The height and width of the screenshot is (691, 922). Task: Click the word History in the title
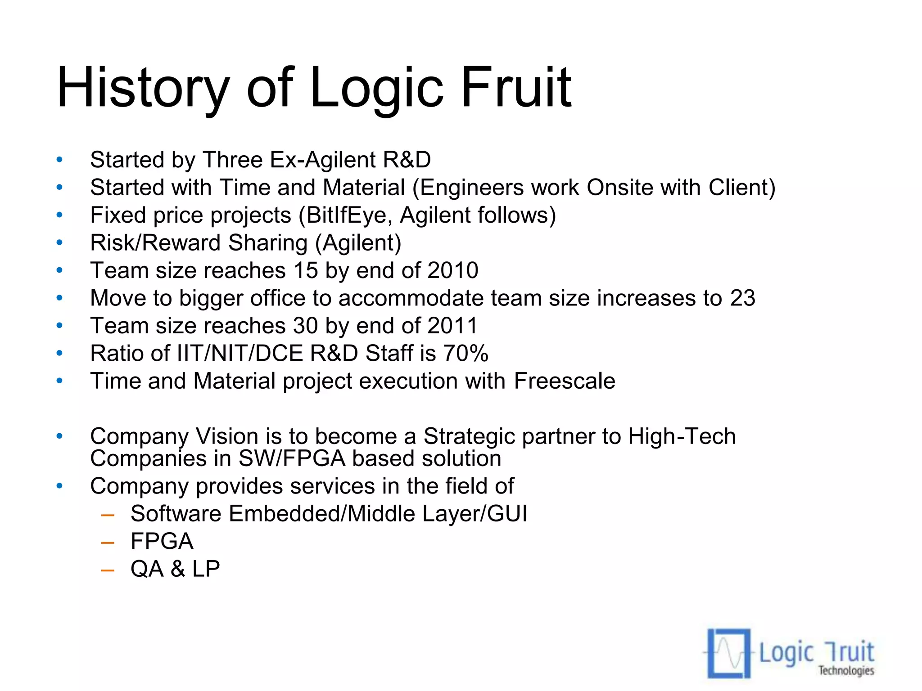pos(143,88)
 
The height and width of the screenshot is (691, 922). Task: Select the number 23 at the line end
pos(742,298)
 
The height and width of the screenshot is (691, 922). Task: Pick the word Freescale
pos(565,381)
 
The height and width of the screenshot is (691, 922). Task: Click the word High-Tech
pos(682,436)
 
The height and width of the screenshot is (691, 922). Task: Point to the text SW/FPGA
pos(292,458)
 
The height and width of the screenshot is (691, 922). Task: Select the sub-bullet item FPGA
pos(162,541)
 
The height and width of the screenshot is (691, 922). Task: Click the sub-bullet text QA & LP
pos(175,569)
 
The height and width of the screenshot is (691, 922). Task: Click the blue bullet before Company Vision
pos(59,436)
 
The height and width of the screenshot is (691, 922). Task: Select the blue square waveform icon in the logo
pos(728,653)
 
